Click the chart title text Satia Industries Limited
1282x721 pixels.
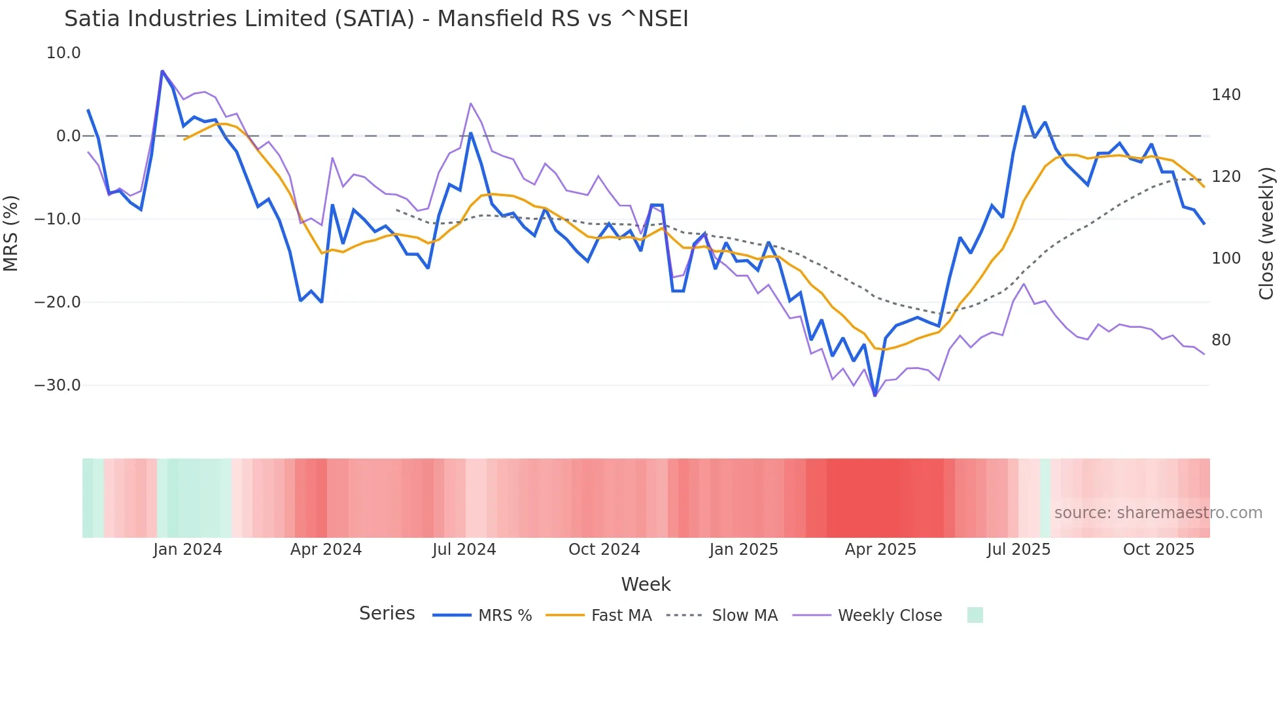[376, 19]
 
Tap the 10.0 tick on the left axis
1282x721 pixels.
[63, 53]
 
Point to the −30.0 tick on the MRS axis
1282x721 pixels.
[58, 385]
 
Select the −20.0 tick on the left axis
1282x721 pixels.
[58, 302]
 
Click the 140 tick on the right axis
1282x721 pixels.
[1226, 95]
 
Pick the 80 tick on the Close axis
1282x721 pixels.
[1221, 340]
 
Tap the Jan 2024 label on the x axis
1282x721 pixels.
[188, 550]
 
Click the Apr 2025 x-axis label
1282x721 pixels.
[880, 550]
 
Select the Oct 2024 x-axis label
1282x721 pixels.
[604, 550]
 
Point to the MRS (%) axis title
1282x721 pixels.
[11, 233]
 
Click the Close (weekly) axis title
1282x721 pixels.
[1266, 233]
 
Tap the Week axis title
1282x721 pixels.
[646, 584]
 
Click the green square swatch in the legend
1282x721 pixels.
[975, 615]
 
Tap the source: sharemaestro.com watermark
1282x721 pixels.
[1158, 513]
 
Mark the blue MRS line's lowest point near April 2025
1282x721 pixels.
[875, 395]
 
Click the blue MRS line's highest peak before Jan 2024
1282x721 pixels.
[162, 71]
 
